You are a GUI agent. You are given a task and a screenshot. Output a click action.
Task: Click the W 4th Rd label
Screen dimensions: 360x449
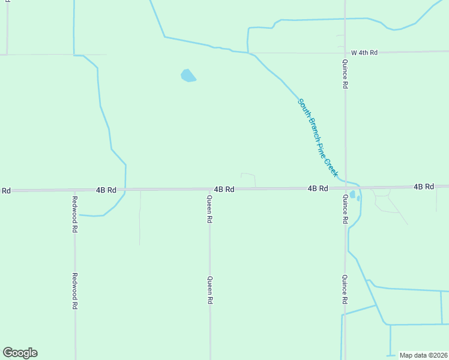coord(364,53)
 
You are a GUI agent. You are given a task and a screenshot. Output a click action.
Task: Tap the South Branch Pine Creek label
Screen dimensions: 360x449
coord(318,137)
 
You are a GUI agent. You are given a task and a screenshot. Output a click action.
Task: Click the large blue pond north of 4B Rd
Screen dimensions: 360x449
coord(188,76)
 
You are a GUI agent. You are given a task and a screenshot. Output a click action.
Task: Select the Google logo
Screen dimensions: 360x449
coord(20,353)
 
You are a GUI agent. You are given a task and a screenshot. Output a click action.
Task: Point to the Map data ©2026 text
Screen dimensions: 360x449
coord(424,355)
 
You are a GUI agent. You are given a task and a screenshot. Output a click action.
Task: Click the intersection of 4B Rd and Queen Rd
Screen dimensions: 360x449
coord(209,189)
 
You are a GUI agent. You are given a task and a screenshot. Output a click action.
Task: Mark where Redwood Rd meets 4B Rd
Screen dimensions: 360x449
coord(74,190)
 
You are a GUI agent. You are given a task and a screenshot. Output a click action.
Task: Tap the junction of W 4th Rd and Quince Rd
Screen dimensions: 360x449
coord(345,52)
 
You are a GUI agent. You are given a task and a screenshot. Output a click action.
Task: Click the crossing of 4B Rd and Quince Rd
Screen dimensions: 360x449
coord(345,188)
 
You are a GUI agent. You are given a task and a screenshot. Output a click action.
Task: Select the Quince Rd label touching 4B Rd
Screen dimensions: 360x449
coord(345,209)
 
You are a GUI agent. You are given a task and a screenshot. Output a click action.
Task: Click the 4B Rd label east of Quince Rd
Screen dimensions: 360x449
coord(424,187)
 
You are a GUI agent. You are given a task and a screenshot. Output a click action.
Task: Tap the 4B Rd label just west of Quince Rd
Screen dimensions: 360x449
coord(318,188)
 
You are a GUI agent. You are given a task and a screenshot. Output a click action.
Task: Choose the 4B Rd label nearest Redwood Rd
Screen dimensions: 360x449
coord(106,190)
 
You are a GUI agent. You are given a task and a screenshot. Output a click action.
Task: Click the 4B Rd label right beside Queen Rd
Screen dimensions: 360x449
coord(224,189)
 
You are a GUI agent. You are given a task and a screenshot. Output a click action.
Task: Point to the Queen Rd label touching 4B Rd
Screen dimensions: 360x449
coord(209,209)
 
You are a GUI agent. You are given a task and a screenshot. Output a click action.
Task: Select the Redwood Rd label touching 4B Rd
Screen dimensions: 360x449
coord(75,214)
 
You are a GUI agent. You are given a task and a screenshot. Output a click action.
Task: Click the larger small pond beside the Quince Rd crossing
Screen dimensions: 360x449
coord(352,194)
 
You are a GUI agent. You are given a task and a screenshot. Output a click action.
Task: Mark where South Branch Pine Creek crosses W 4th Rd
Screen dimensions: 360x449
coord(252,53)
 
